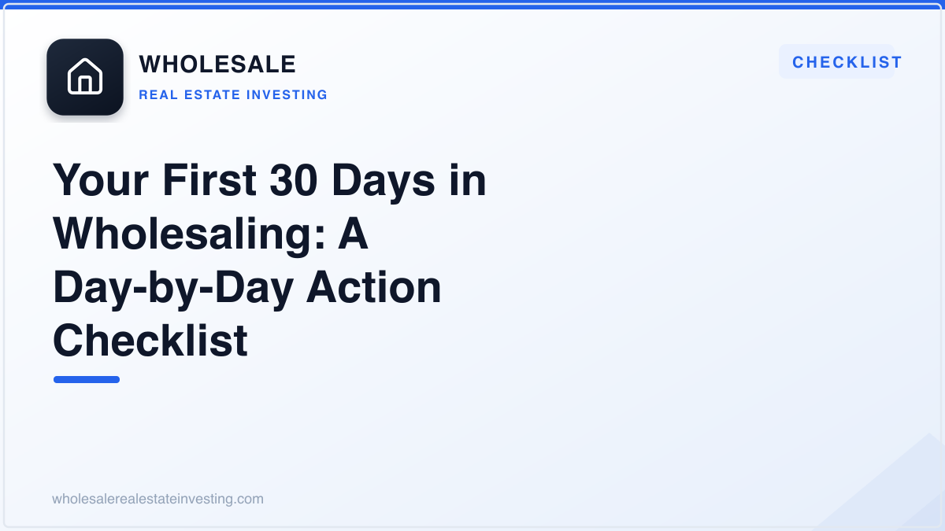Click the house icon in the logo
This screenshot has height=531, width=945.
[x=85, y=76]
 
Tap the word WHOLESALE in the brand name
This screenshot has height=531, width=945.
[x=217, y=64]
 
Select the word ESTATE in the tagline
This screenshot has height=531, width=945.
[x=212, y=95]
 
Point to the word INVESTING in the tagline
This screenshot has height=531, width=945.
[x=287, y=95]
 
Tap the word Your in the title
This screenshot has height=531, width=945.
[x=101, y=180]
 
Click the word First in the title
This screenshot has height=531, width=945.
[x=209, y=180]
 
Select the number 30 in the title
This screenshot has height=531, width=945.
[x=294, y=180]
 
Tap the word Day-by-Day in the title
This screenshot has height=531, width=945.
[x=173, y=288]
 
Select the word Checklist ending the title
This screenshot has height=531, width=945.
[x=150, y=340]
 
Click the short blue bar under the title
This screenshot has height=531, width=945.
[x=87, y=380]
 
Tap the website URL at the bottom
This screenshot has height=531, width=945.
[x=157, y=499]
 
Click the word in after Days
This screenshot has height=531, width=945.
[x=468, y=180]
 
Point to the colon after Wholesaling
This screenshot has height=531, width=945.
[x=320, y=238]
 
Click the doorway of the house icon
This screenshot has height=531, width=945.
[x=85, y=84]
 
